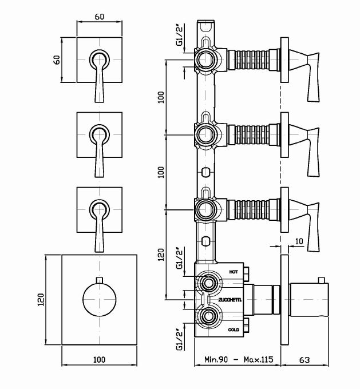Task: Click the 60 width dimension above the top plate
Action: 100,17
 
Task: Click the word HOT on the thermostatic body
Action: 233,272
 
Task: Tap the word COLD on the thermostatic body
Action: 234,330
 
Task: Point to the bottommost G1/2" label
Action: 179,338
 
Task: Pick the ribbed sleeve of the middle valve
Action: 250,134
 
